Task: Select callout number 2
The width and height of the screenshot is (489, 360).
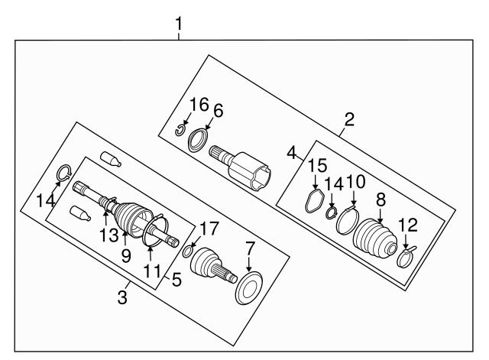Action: (x=349, y=119)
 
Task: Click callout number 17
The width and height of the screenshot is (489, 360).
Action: (x=208, y=228)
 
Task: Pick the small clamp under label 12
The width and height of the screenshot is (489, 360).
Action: (x=407, y=258)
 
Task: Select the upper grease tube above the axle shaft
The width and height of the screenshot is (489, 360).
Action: (x=112, y=159)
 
